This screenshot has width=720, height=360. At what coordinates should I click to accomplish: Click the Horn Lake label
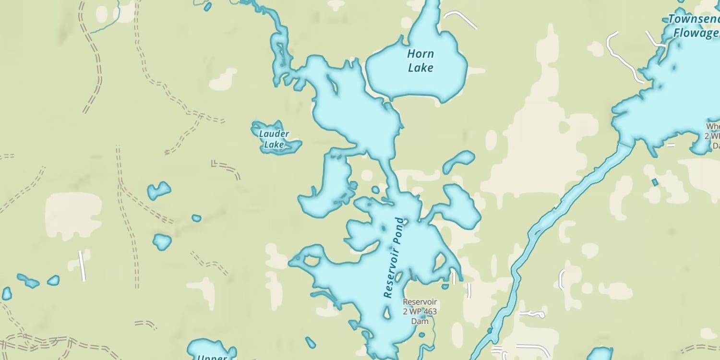click(x=420, y=61)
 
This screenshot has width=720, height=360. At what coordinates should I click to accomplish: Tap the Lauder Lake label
click(x=274, y=139)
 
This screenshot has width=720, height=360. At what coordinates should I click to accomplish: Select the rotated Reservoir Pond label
click(x=395, y=258)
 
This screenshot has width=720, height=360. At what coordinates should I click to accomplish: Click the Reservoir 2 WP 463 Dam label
click(x=420, y=311)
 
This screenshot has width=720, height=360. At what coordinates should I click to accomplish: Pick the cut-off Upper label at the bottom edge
click(x=212, y=357)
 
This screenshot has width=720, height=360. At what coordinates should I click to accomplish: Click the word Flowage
click(x=696, y=33)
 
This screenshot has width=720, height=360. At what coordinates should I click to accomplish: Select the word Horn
click(x=420, y=54)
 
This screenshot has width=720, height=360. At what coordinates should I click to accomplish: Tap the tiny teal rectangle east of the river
click(x=655, y=182)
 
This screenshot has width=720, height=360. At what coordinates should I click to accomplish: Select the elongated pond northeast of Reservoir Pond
click(x=458, y=162)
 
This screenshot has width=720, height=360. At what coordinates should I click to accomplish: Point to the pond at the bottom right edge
click(x=600, y=354)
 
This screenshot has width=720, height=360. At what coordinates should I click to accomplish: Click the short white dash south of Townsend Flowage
click(x=671, y=144)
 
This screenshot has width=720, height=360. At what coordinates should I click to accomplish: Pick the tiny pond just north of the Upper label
click(x=311, y=343)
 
